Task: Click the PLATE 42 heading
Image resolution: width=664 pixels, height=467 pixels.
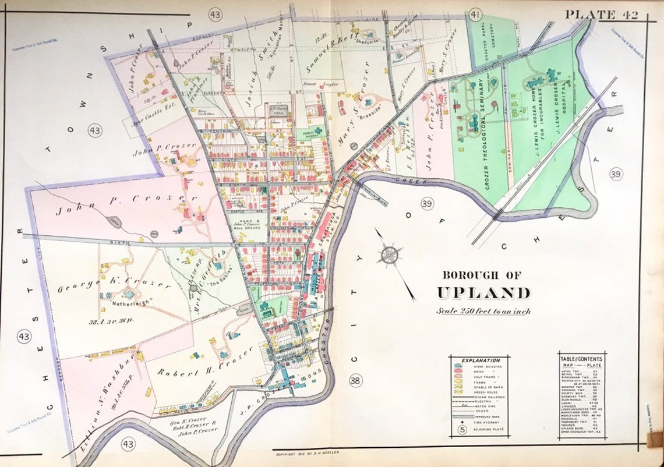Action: tap(601, 15)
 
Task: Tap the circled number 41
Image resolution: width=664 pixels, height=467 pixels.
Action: tap(476, 15)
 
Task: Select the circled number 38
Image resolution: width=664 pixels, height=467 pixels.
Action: tap(355, 381)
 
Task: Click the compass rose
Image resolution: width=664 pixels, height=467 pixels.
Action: tap(389, 254)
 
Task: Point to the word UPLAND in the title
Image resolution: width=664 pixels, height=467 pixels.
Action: tap(484, 292)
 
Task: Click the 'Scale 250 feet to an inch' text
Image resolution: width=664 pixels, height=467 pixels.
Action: tap(483, 311)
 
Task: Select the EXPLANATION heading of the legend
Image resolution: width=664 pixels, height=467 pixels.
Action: tap(480, 361)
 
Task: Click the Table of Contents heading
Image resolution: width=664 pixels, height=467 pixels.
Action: tap(580, 359)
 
